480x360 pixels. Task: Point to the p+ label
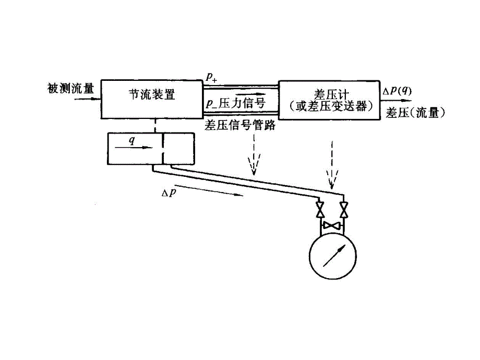pos(212,78)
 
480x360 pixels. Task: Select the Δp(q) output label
pos(397,90)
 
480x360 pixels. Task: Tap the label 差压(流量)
pos(415,113)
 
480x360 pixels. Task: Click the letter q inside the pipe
pos(131,140)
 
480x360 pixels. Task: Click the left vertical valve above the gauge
pos(321,210)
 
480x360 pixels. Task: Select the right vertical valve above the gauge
pos(343,210)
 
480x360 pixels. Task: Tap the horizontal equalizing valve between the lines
pos(332,225)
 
